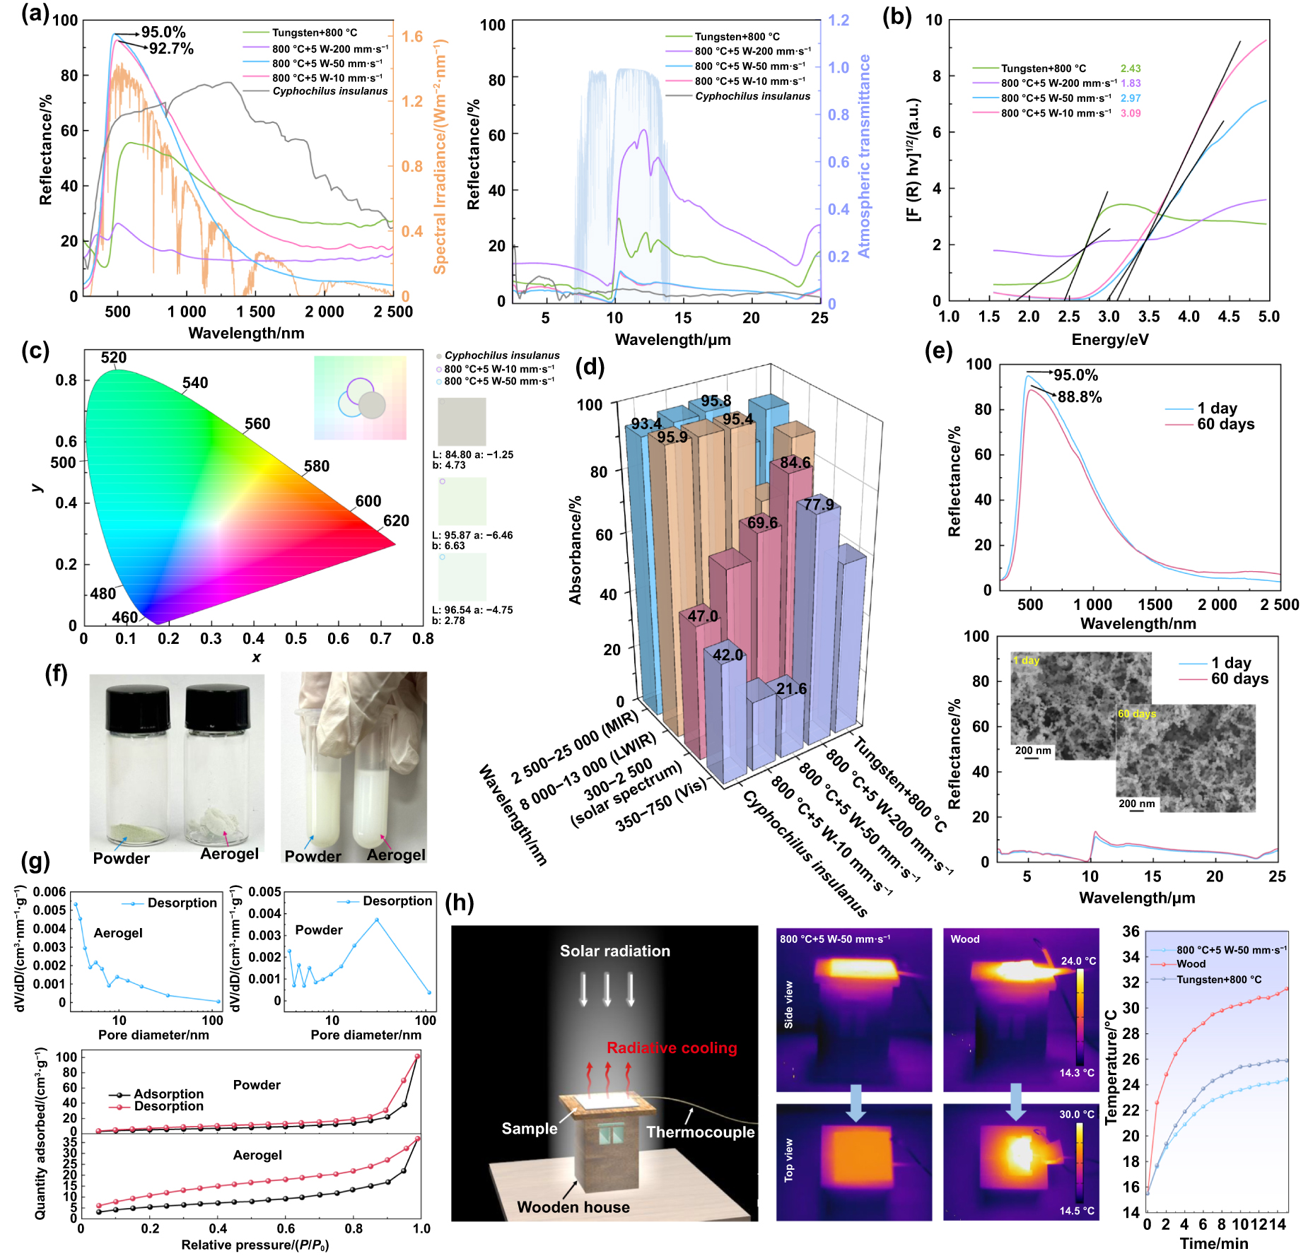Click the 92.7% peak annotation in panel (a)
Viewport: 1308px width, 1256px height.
pyautogui.click(x=171, y=49)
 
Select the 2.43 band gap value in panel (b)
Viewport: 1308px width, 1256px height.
pyautogui.click(x=1131, y=69)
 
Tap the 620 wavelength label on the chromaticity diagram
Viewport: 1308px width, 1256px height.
pyautogui.click(x=396, y=521)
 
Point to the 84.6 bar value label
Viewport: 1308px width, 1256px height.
pyautogui.click(x=795, y=463)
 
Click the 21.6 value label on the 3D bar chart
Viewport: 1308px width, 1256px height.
pyautogui.click(x=791, y=688)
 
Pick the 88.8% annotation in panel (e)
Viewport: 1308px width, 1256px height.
pyautogui.click(x=1080, y=397)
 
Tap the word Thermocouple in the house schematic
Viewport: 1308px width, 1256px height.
pyautogui.click(x=701, y=1132)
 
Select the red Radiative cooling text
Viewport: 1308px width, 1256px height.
pyautogui.click(x=672, y=1047)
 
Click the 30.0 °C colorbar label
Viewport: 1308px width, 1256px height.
pyautogui.click(x=1077, y=1115)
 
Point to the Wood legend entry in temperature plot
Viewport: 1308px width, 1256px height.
pyautogui.click(x=1191, y=964)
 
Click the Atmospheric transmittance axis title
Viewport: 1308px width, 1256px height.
pyautogui.click(x=864, y=156)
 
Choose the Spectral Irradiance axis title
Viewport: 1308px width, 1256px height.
pyautogui.click(x=440, y=156)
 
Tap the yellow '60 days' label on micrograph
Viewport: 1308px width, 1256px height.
pyautogui.click(x=1137, y=714)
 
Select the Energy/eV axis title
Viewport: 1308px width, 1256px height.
pyautogui.click(x=1109, y=339)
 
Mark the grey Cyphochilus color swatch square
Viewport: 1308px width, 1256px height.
pyautogui.click(x=462, y=421)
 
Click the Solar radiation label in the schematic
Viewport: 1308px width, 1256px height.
pyautogui.click(x=615, y=951)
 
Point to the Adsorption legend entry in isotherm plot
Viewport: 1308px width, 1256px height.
pyautogui.click(x=168, y=1094)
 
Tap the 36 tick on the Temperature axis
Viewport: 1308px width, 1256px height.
pyautogui.click(x=1131, y=932)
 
